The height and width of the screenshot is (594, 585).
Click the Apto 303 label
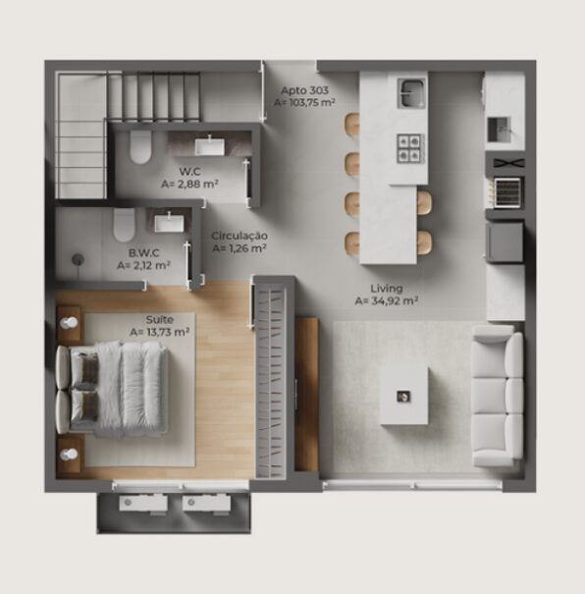point(304,90)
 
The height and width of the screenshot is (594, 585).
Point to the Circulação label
point(239,236)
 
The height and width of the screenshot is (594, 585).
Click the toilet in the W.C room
point(140,147)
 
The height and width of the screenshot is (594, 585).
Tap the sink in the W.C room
point(210,146)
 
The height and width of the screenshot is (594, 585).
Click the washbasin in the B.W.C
point(169,223)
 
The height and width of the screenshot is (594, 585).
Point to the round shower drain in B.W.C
point(78,259)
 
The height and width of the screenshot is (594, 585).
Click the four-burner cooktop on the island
point(409,148)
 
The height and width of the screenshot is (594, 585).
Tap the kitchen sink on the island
point(411,93)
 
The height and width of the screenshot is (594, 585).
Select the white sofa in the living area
point(498,396)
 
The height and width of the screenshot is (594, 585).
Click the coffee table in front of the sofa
point(404,396)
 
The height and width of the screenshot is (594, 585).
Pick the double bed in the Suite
point(112,390)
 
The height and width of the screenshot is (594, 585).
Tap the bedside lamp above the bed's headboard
point(70,323)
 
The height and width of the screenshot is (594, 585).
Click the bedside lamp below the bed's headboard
point(70,454)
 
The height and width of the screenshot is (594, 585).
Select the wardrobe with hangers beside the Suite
point(271,381)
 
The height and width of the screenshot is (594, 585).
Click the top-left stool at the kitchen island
point(351,124)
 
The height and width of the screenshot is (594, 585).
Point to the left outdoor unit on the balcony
point(143,504)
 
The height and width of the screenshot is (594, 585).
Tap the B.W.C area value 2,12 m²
point(143,265)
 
